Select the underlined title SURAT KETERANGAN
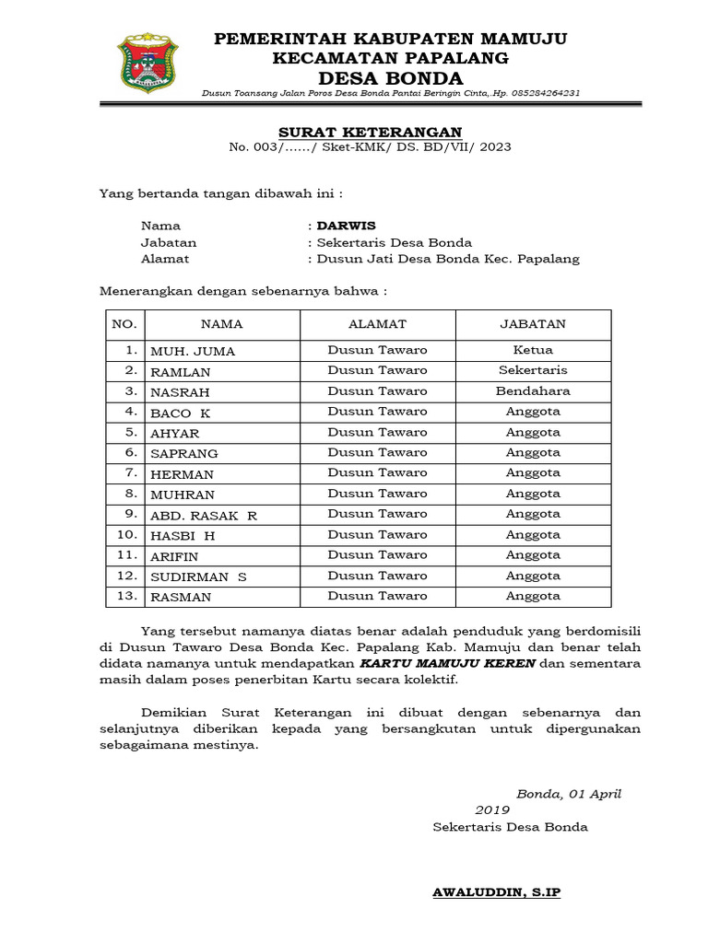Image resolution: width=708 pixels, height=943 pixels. [370, 132]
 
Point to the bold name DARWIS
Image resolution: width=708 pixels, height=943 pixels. [346, 226]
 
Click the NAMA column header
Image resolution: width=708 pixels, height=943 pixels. [221, 324]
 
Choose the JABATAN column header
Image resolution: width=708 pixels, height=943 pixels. [533, 324]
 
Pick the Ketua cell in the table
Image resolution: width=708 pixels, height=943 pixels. [533, 350]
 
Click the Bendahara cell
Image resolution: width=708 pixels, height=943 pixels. [533, 391]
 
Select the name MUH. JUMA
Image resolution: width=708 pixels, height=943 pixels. [193, 351]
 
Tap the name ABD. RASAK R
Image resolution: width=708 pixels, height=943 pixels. [204, 516]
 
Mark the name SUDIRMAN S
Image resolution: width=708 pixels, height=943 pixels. [198, 576]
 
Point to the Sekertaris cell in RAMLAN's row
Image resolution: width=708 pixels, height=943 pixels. [533, 370]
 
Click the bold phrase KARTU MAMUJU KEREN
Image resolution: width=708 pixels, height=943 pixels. [446, 664]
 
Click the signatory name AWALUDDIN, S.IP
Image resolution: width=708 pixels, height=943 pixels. [497, 892]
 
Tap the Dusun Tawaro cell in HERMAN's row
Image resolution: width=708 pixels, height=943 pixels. [377, 473]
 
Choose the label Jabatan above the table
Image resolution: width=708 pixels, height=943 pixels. [168, 242]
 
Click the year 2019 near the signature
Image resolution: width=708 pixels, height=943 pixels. [492, 810]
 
